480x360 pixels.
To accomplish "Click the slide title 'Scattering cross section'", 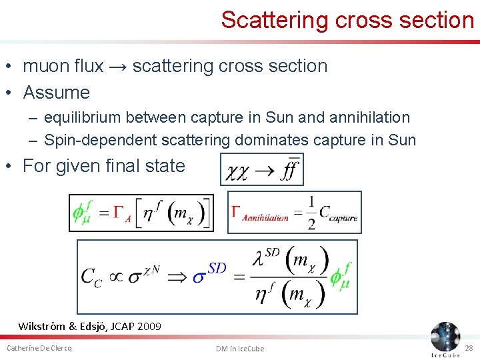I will tap(347, 20).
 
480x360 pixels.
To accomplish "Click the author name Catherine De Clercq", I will tap(39, 348).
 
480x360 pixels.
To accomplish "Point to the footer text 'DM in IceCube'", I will tap(240, 348).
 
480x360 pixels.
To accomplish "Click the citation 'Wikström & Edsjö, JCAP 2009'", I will tap(89, 326).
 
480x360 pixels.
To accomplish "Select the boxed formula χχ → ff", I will tap(262, 169).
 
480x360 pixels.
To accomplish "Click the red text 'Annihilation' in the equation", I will tap(265, 217).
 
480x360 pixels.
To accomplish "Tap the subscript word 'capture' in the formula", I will tap(343, 217).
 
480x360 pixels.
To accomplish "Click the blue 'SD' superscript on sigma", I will tap(217, 268).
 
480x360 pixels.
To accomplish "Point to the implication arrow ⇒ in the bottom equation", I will tap(178, 276).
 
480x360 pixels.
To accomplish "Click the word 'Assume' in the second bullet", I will tap(56, 92).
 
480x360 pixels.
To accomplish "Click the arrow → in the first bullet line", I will tap(119, 66).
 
